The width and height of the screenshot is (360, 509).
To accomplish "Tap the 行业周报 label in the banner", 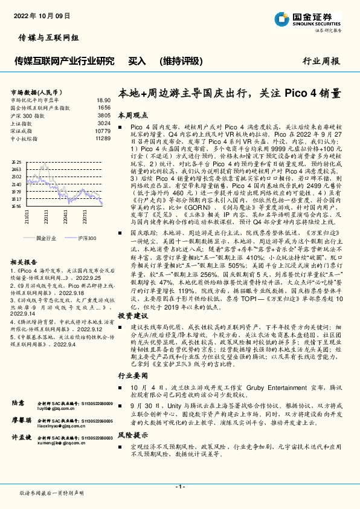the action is pos(320,61).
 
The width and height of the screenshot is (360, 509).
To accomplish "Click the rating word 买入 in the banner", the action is pos(137,61).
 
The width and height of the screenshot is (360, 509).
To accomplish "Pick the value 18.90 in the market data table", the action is pos(103,100).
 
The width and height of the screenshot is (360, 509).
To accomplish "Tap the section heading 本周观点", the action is pos(132,114).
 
